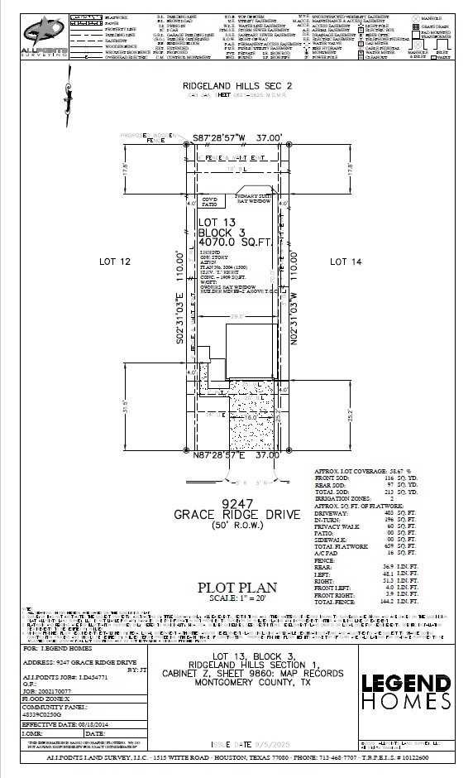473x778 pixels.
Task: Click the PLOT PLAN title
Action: [x=237, y=587]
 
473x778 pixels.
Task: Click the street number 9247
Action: [x=236, y=502]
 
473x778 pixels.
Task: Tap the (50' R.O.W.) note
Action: [x=236, y=526]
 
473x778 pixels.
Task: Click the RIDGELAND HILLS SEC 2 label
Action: [x=236, y=86]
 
